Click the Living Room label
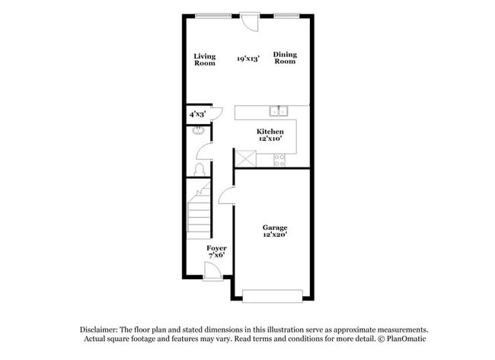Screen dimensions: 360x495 click(204, 59)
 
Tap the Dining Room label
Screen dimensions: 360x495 click(285, 58)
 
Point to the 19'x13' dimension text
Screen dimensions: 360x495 click(247, 59)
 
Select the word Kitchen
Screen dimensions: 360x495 click(270, 132)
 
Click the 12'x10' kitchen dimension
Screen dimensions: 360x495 click(270, 139)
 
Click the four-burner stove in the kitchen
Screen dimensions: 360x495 click(279, 159)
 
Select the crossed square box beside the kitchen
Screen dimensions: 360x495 click(244, 158)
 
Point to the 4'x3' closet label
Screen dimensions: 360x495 click(196, 114)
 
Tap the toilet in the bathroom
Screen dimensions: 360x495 click(200, 168)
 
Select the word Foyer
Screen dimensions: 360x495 click(216, 248)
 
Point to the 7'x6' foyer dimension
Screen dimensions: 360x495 click(216, 256)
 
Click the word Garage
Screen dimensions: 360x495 click(275, 228)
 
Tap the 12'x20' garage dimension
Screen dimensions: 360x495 click(275, 235)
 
